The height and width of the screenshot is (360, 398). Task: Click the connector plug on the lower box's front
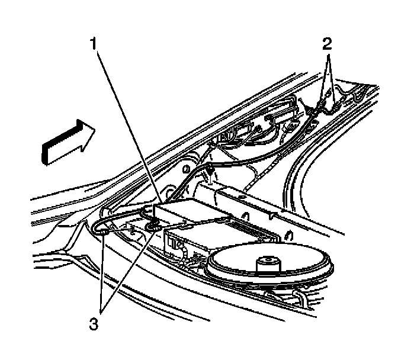[175, 242]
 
